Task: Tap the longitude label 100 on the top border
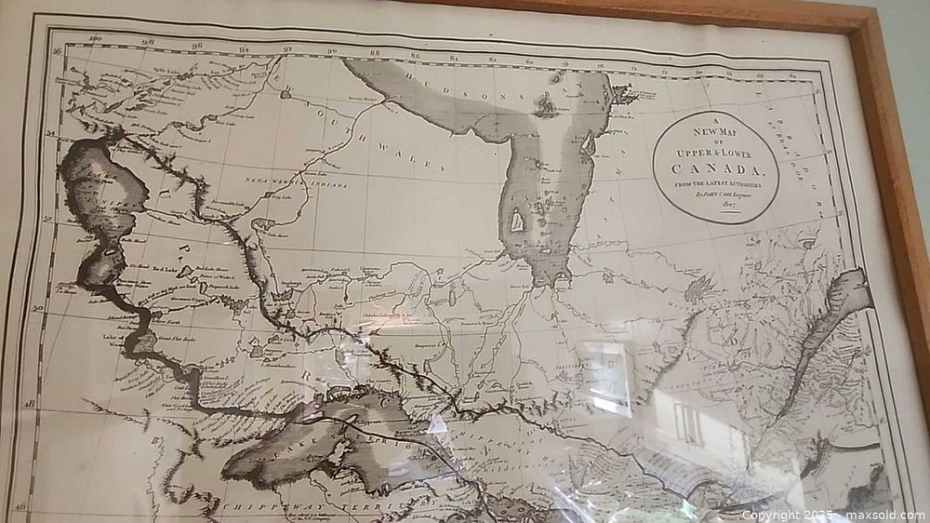[x=93, y=38]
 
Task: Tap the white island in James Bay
[x=518, y=221]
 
